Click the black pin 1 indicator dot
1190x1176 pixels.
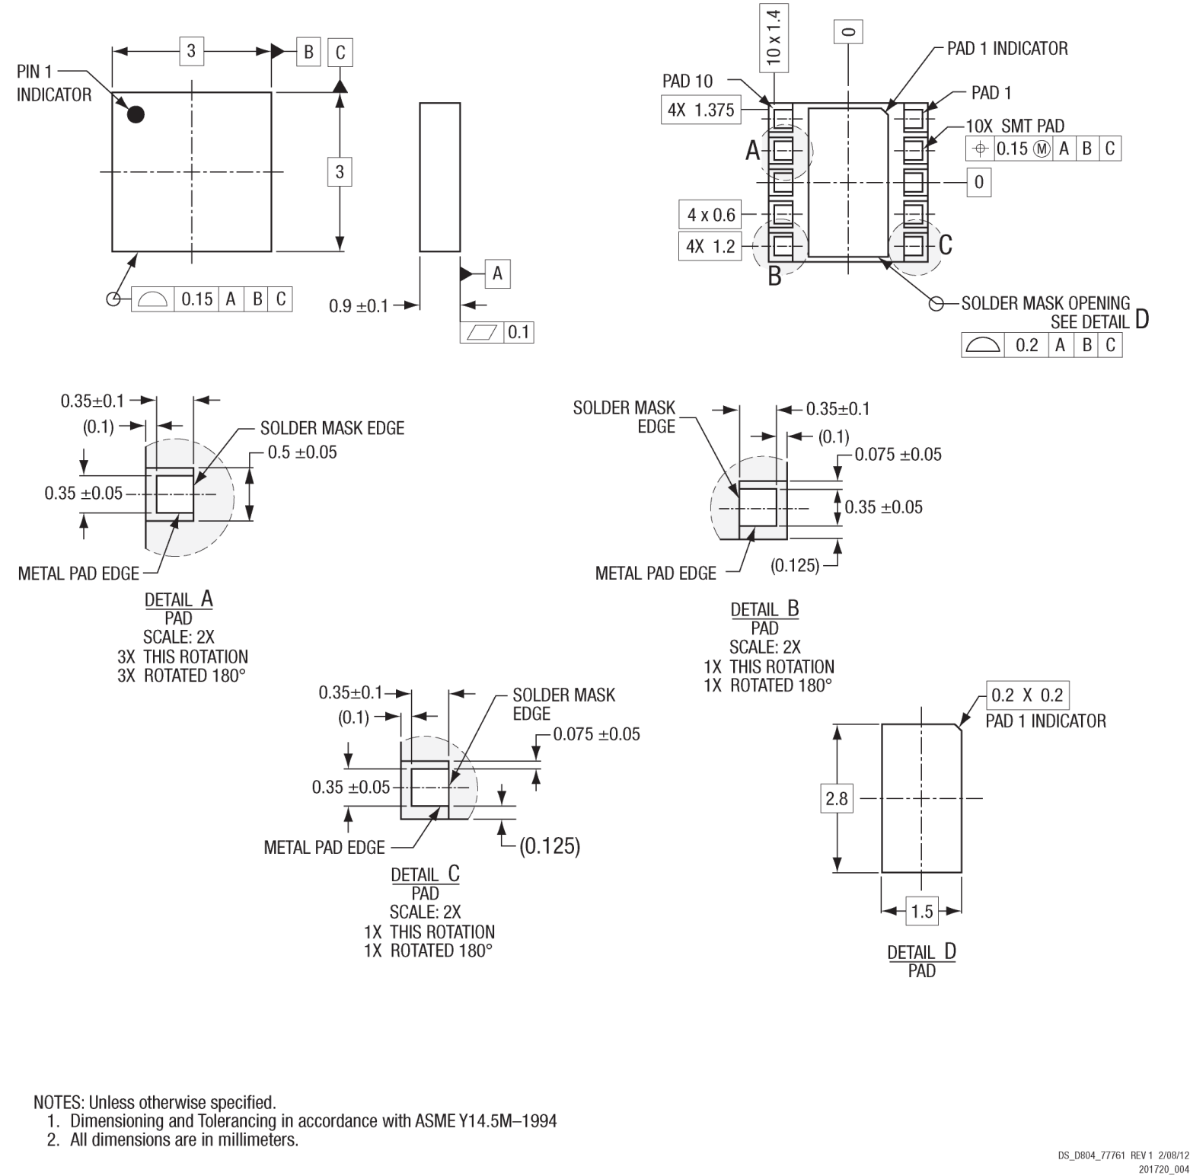pyautogui.click(x=136, y=114)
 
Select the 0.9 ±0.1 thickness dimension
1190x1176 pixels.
pyautogui.click(x=359, y=306)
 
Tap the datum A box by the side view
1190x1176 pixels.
pyautogui.click(x=497, y=273)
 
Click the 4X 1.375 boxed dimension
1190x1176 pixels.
pyautogui.click(x=700, y=110)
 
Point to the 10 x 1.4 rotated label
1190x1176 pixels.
pyautogui.click(x=774, y=37)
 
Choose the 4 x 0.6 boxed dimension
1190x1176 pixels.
pyautogui.click(x=711, y=215)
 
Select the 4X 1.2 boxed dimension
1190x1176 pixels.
pyautogui.click(x=710, y=246)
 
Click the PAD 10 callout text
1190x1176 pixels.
pyautogui.click(x=688, y=81)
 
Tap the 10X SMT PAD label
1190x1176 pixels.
pyautogui.click(x=1015, y=126)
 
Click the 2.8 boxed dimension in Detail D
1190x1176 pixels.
pyautogui.click(x=837, y=798)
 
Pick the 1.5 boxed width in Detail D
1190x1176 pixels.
pyautogui.click(x=922, y=911)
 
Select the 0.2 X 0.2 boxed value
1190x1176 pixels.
pyautogui.click(x=1027, y=695)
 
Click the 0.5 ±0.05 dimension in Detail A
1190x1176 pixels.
pyautogui.click(x=301, y=452)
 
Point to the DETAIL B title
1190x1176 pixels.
pyautogui.click(x=764, y=609)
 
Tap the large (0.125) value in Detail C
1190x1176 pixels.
pyautogui.click(x=550, y=845)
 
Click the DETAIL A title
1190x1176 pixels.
pyautogui.click(x=178, y=599)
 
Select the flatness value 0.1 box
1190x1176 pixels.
pyautogui.click(x=518, y=332)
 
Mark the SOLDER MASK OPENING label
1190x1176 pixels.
pyautogui.click(x=1045, y=303)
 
